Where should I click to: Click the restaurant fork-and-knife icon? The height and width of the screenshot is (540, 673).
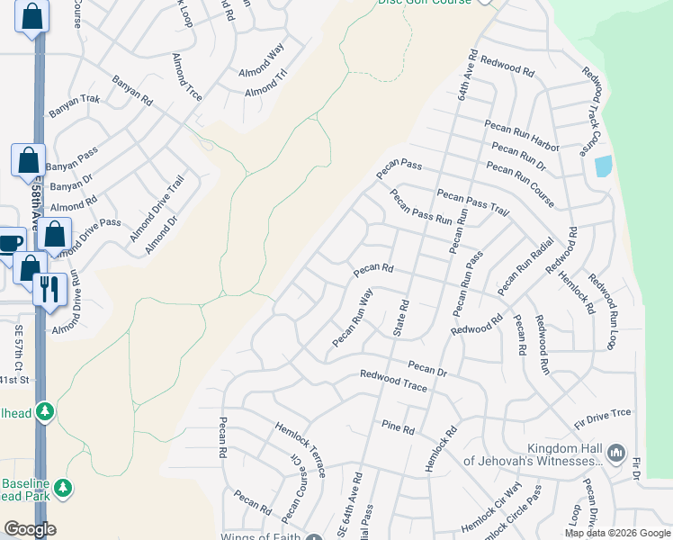(x=47, y=289)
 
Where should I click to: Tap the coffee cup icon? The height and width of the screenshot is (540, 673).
(x=10, y=242)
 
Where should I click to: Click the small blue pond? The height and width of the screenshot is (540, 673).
(x=603, y=166)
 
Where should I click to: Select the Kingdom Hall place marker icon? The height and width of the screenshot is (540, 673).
(x=616, y=452)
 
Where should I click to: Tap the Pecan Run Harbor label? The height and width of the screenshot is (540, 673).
(x=521, y=135)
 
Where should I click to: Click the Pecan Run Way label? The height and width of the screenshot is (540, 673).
(x=352, y=318)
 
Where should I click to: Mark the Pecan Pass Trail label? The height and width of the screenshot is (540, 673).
(x=473, y=202)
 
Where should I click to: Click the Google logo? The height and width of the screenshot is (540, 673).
(x=30, y=528)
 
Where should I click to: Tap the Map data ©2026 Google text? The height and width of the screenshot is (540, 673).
(x=616, y=533)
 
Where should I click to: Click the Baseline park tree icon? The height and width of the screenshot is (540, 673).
(x=62, y=488)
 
